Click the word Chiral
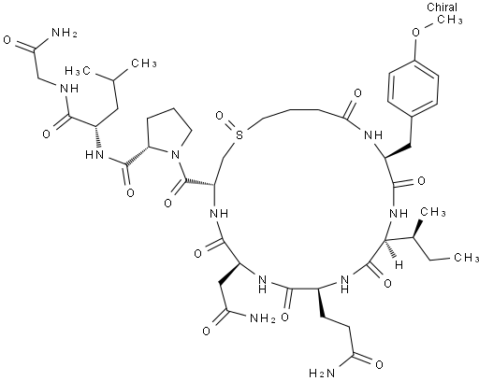tap(442, 7)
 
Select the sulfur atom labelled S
tap(239, 135)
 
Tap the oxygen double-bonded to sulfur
tap(220, 116)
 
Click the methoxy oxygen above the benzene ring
tap(416, 32)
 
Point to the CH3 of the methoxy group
tap(450, 20)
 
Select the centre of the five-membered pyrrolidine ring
tap(167, 132)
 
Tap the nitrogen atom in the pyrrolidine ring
tap(176, 154)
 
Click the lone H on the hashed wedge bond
tap(399, 265)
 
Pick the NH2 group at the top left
tap(64, 32)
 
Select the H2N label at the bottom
tap(322, 373)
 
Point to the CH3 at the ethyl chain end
tap(467, 258)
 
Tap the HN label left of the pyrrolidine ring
tap(94, 154)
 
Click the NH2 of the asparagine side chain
tap(262, 318)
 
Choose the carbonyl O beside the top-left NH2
tap(7, 40)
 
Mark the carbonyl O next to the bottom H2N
tap(379, 364)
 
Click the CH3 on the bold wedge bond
tap(433, 213)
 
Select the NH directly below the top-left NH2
tap(69, 89)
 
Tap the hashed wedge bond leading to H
tap(390, 249)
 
